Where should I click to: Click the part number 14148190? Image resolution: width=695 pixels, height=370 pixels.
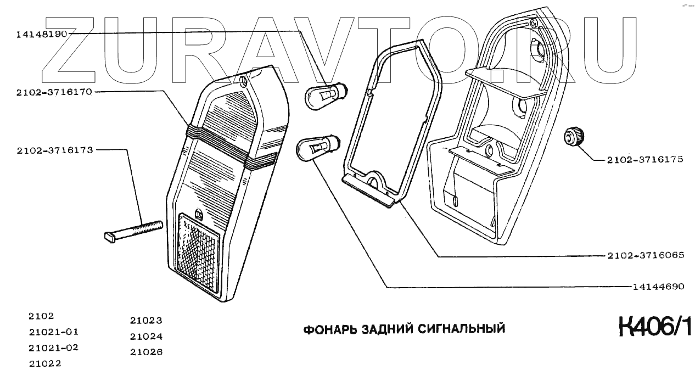[x=41, y=34]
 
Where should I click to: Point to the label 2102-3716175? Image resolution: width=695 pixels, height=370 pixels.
[x=645, y=160]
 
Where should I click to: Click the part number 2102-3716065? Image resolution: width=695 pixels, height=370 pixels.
[x=645, y=256]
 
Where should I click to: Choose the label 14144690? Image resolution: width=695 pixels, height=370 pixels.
[x=658, y=287]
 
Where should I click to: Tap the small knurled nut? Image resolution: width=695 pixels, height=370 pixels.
[x=574, y=136]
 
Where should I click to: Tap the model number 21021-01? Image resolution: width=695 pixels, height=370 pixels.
[x=53, y=332]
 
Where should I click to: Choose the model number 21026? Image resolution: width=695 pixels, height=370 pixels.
[x=146, y=352]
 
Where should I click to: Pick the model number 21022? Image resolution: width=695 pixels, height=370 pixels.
[x=45, y=363]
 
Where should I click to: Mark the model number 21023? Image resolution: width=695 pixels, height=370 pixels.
[x=146, y=321]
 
